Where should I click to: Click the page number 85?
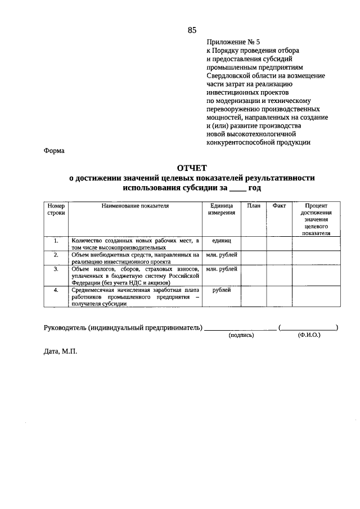click(191, 30)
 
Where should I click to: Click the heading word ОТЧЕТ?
click(192, 168)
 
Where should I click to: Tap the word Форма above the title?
click(54, 150)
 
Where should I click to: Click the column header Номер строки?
click(56, 210)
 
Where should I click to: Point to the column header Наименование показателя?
click(135, 206)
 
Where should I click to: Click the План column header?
click(253, 206)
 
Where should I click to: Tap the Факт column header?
click(279, 206)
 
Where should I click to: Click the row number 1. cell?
click(56, 241)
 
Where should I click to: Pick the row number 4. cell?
click(56, 290)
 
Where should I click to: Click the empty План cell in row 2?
click(253, 258)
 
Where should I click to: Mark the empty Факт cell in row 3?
click(279, 276)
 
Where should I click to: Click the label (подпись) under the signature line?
click(241, 335)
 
